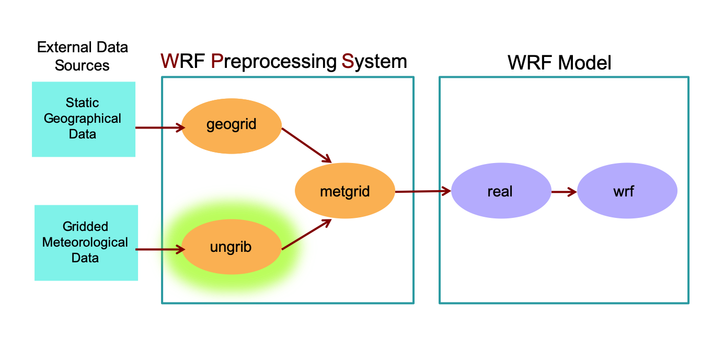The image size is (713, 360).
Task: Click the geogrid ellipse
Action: coord(232,126)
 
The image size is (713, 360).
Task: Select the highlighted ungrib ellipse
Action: coord(232,247)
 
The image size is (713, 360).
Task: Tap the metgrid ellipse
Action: coord(344,191)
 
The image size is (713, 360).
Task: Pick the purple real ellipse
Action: coord(500,191)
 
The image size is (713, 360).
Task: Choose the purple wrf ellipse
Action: coord(627,191)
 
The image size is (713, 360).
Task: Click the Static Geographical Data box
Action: coord(83,119)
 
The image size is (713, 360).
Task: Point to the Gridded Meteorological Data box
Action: coord(86,242)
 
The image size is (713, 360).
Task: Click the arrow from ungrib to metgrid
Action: coord(307,234)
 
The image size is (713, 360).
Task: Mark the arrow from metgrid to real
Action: coord(422,191)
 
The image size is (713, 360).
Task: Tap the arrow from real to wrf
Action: coord(563,192)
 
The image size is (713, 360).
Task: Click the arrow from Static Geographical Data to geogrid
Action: coord(160,127)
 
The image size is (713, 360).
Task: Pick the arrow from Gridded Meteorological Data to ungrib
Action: coord(160,250)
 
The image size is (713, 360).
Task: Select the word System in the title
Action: coord(374,62)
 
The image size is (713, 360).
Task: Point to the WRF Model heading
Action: coord(559,63)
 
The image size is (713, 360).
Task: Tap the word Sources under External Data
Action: coord(82,65)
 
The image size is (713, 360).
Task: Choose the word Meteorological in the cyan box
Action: coord(85,242)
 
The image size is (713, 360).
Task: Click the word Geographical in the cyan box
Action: coord(83,119)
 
